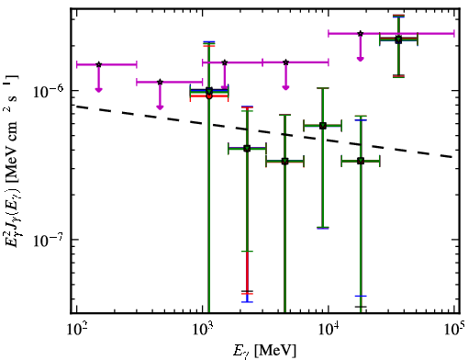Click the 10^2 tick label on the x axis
pyautogui.click(x=76, y=330)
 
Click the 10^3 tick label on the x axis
pyautogui.click(x=202, y=330)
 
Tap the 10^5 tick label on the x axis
pyautogui.click(x=453, y=330)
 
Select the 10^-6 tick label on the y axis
pyautogui.click(x=48, y=91)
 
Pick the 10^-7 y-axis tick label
pyautogui.click(x=48, y=240)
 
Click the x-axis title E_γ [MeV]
pyautogui.click(x=265, y=351)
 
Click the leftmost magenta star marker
pyautogui.click(x=98, y=64)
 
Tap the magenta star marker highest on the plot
pyautogui.click(x=361, y=33)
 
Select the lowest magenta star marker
pyautogui.click(x=160, y=82)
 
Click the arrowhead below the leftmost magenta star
pyautogui.click(x=98, y=89)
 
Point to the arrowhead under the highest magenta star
pyautogui.click(x=361, y=59)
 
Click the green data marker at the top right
pyautogui.click(x=398, y=39)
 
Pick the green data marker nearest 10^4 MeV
pyautogui.click(x=323, y=126)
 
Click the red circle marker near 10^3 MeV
pyautogui.click(x=209, y=96)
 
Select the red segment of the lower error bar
pyautogui.click(x=247, y=273)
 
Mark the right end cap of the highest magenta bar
pyautogui.click(x=454, y=33)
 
